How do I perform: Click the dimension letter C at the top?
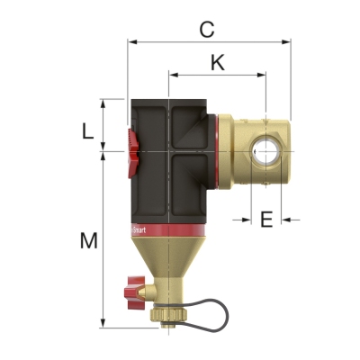[206, 29]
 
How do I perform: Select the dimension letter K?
[217, 63]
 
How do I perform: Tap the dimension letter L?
[87, 131]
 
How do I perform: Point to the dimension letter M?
[87, 240]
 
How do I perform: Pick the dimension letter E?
[266, 219]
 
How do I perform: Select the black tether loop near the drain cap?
[212, 306]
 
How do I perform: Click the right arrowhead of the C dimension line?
[288, 41]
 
